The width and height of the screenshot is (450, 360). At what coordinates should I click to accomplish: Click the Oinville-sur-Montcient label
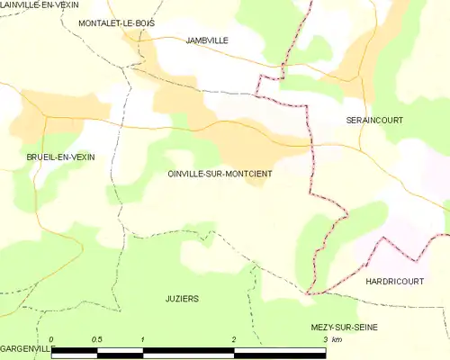[x=220, y=173]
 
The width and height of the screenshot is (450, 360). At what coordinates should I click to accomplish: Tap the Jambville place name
[x=207, y=40]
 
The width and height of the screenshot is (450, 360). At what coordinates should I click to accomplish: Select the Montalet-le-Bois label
[x=116, y=22]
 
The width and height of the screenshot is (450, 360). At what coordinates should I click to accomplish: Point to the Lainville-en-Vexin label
[x=40, y=5]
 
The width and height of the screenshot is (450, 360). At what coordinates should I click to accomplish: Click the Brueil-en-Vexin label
[x=60, y=157]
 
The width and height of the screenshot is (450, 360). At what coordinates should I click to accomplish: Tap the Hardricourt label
[x=394, y=282]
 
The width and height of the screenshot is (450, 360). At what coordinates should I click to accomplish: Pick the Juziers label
[x=182, y=298]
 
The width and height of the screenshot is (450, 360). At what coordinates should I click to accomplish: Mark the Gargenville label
[x=28, y=347]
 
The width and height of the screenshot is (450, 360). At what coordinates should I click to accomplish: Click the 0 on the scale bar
[x=52, y=339]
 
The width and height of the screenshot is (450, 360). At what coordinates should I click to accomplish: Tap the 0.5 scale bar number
[x=97, y=339]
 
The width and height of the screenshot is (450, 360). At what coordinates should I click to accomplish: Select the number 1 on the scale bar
[x=143, y=339]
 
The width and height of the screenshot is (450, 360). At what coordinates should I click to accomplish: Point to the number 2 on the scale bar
[x=234, y=339]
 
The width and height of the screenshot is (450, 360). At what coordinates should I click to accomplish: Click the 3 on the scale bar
[x=325, y=339]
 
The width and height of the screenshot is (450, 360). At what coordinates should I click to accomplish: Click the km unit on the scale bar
[x=337, y=339]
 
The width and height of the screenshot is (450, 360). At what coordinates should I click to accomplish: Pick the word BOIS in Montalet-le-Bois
[x=144, y=22]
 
